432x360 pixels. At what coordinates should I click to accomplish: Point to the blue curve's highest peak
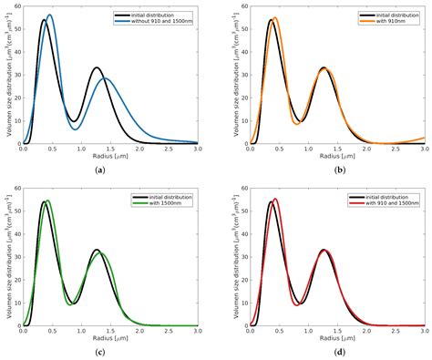pos(49,15)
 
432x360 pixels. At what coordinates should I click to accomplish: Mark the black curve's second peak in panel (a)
pos(97,67)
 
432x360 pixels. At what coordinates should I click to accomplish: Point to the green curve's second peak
pos(100,253)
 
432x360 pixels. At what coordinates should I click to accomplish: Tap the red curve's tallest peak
pos(275,199)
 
